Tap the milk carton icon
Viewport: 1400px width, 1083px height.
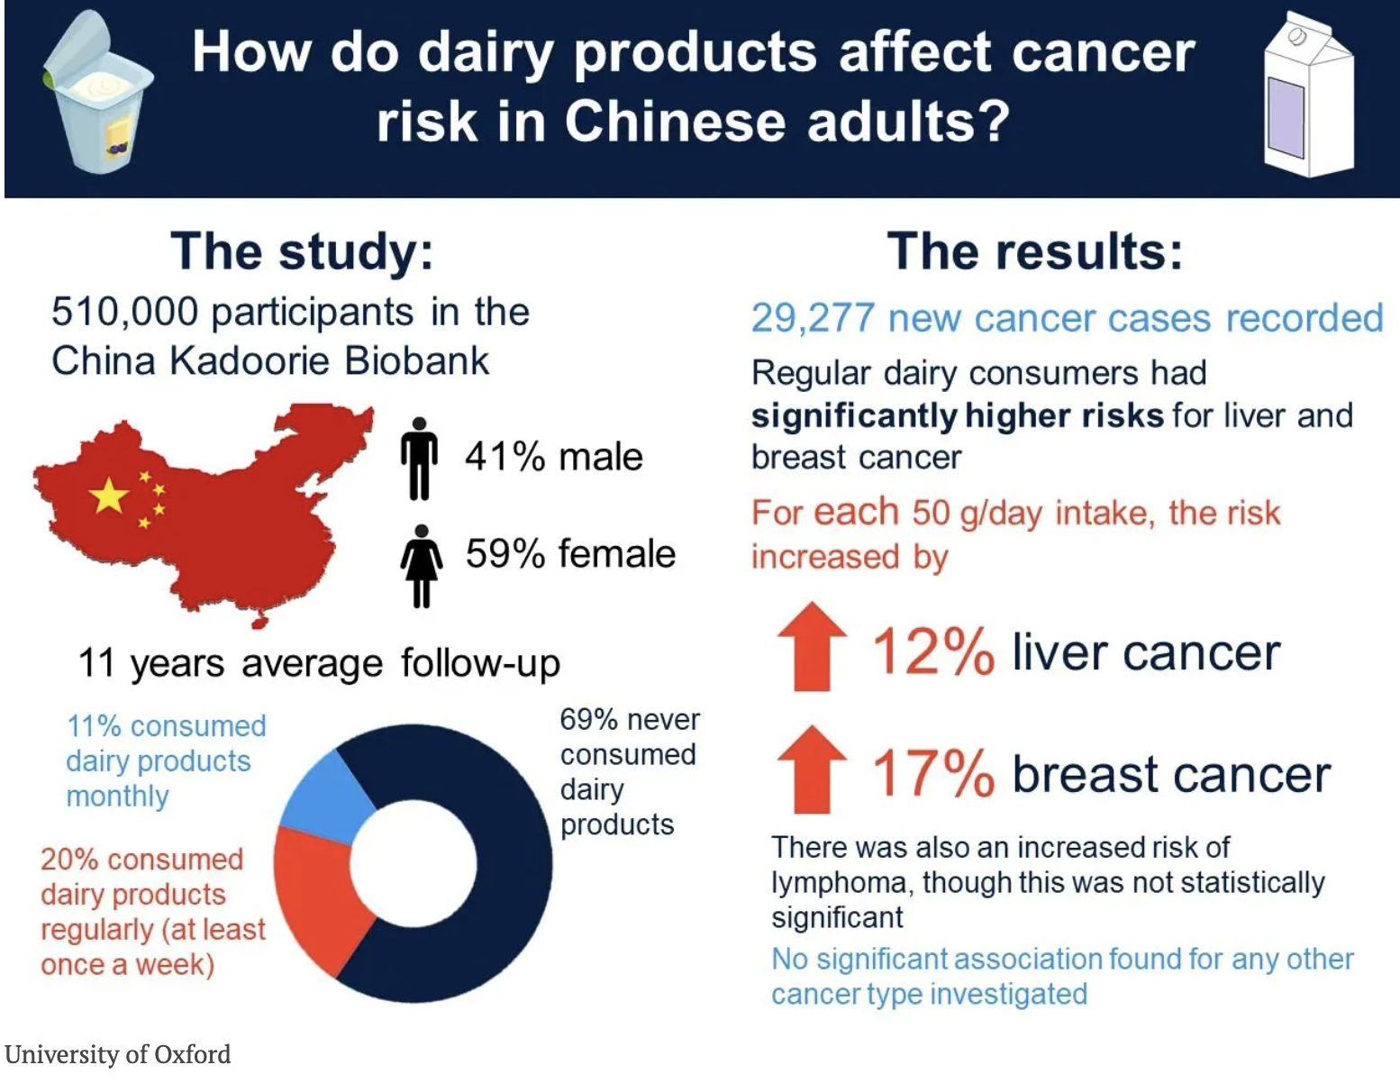[x=1308, y=95]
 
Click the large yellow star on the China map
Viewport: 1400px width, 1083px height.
[x=108, y=496]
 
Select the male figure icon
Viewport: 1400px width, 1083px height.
[x=419, y=458]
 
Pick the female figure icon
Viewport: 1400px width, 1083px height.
[x=422, y=567]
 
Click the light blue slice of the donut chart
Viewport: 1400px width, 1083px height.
[x=325, y=799]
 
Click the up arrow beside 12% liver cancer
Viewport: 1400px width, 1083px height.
[x=812, y=646]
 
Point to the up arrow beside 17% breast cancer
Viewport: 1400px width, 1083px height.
[x=812, y=769]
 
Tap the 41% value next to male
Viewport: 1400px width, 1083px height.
[x=505, y=457]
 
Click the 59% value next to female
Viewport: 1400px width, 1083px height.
[x=505, y=553]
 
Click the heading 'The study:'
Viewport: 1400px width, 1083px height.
[x=303, y=252]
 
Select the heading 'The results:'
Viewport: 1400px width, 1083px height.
[x=1035, y=251]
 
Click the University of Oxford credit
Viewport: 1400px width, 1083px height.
[x=117, y=1055]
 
